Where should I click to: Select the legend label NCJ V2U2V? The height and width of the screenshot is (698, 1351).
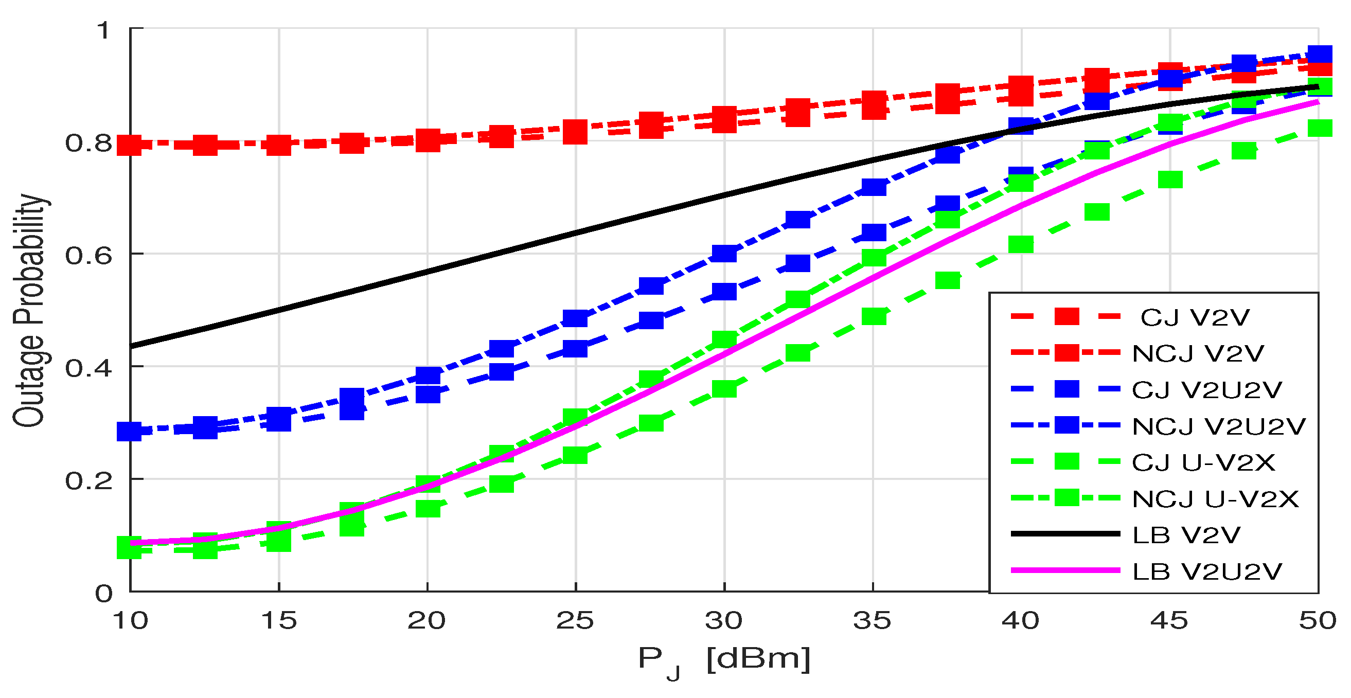coord(1218,427)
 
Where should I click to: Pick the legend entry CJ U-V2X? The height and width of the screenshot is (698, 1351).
coord(1203,463)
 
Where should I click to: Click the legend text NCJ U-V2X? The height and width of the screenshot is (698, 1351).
coord(1215,499)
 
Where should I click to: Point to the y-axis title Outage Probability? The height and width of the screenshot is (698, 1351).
coord(30,311)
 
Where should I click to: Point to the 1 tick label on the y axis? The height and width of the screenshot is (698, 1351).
coord(104,30)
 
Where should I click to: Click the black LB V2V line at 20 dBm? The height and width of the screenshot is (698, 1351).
coord(428,271)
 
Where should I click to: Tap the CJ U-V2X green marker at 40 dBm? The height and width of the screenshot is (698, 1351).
coord(1021,244)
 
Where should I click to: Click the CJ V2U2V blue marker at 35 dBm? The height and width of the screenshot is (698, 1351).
coord(873,232)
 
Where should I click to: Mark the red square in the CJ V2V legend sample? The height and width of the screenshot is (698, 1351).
coord(1066,317)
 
